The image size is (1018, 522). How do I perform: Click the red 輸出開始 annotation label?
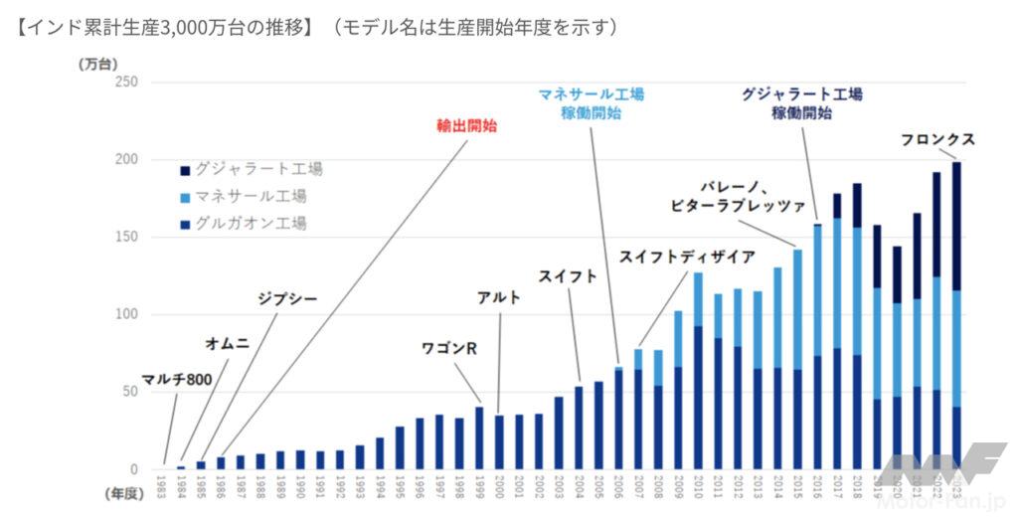click(x=467, y=126)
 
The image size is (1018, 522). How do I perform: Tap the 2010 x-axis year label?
click(x=697, y=488)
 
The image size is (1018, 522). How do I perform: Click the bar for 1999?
click(x=479, y=437)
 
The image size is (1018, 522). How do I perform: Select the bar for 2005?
click(x=598, y=425)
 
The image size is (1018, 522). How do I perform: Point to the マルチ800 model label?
click(x=173, y=379)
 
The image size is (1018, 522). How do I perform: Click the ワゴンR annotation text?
click(x=449, y=348)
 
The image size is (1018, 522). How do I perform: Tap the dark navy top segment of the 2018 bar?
click(x=856, y=205)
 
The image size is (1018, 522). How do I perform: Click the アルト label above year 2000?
click(x=499, y=296)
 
